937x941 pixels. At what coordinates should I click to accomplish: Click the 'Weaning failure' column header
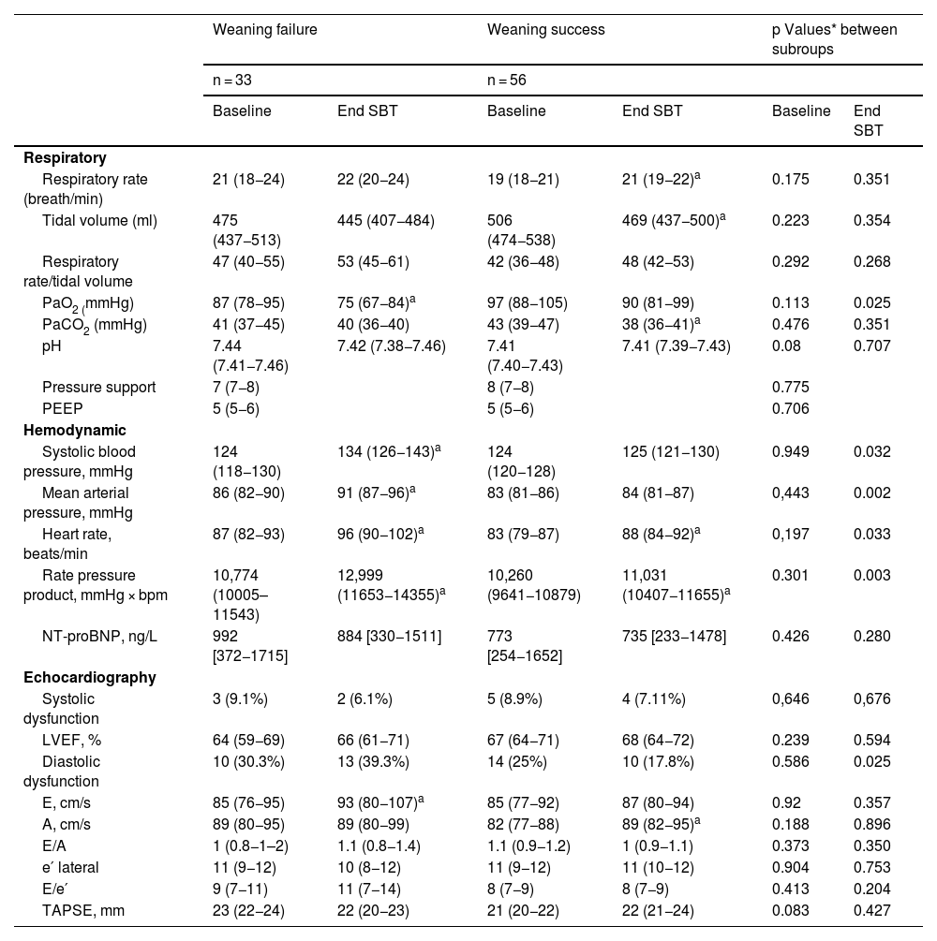(x=265, y=29)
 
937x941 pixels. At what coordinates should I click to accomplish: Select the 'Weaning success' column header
(x=546, y=29)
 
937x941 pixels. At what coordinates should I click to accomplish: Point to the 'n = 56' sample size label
(x=506, y=81)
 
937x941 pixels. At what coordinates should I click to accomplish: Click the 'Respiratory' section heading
(x=65, y=157)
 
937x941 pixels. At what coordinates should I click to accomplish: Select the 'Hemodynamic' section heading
(x=75, y=430)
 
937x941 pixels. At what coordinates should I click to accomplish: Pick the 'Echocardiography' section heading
(x=90, y=677)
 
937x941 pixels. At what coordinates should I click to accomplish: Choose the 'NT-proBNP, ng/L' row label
(x=99, y=637)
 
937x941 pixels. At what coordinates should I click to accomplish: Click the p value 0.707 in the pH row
(x=871, y=346)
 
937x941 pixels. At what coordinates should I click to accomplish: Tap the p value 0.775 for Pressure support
(x=790, y=388)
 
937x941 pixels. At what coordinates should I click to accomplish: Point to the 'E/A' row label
(x=55, y=845)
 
